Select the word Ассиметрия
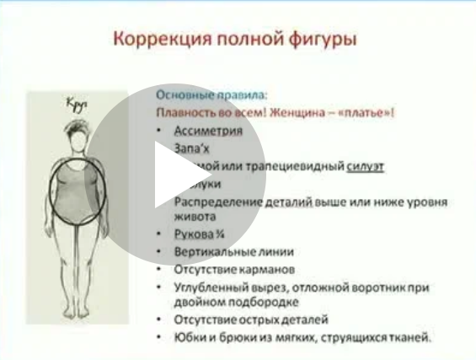208,131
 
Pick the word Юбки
188,337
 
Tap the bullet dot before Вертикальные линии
161,252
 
